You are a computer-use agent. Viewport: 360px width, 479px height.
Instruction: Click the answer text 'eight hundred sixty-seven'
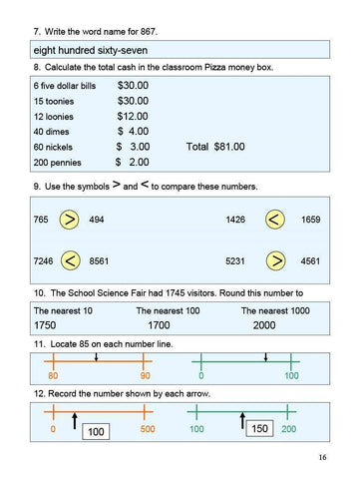[x=90, y=48]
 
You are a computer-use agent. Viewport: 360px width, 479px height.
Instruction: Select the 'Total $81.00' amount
[x=214, y=146]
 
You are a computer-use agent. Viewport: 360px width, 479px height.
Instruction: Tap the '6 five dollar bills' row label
[x=65, y=87]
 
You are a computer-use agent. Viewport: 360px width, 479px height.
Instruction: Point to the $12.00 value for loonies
[x=133, y=116]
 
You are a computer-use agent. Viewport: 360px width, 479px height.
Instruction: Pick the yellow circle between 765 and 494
[x=69, y=220]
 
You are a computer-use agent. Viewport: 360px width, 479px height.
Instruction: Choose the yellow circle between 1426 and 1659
[x=275, y=220]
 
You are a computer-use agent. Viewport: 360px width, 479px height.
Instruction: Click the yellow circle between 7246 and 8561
[x=69, y=260]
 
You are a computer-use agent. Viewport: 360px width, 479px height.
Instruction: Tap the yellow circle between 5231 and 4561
[x=275, y=260]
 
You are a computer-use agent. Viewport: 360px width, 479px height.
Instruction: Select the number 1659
[x=310, y=220]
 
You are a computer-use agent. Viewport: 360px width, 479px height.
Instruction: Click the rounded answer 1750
[x=45, y=326]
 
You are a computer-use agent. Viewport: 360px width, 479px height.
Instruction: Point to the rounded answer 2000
[x=264, y=326]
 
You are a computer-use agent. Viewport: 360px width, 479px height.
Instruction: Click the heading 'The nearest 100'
[x=167, y=310]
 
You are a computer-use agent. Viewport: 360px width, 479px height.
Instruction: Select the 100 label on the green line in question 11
[x=292, y=375]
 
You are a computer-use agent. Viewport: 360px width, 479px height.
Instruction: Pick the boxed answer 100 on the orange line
[x=97, y=432]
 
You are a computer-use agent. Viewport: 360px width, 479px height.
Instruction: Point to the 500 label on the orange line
[x=148, y=428]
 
